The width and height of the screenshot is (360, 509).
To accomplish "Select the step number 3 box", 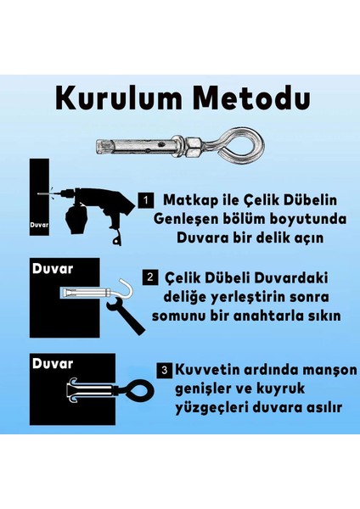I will pos(164,370).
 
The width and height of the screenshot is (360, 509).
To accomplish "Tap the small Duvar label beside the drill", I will pos(40,227).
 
